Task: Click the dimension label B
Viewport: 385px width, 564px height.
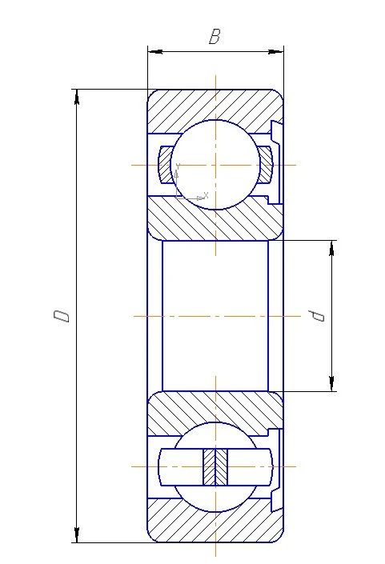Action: click(x=214, y=37)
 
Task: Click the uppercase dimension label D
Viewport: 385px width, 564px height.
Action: click(x=62, y=314)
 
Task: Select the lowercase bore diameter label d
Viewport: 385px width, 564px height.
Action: click(x=319, y=315)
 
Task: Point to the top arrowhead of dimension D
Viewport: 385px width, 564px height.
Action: click(x=77, y=96)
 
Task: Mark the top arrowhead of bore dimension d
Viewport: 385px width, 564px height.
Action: click(x=332, y=246)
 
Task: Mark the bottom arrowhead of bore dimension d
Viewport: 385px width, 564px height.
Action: click(x=332, y=385)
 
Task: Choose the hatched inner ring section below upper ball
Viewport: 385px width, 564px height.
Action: click(x=215, y=220)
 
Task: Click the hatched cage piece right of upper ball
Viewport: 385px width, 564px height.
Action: click(x=266, y=165)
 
